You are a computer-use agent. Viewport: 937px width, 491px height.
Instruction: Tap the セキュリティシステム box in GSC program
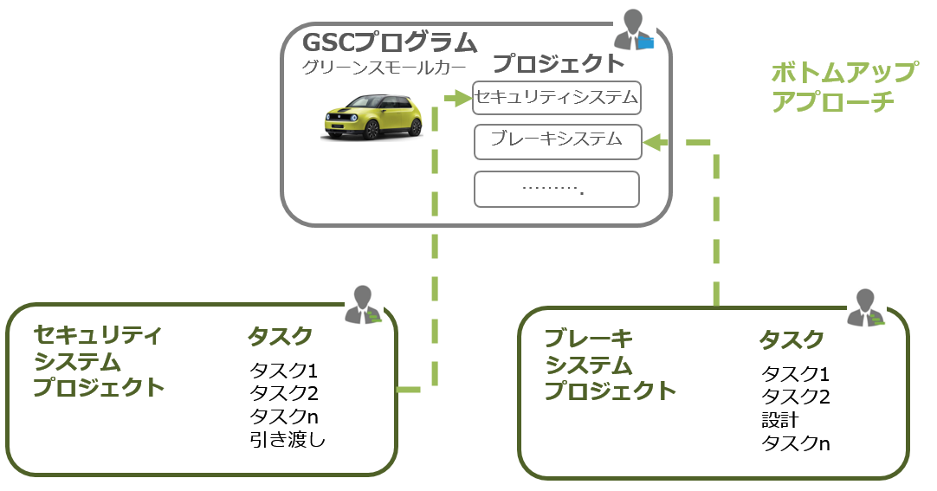point(557,98)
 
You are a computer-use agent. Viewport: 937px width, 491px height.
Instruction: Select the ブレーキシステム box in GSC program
point(557,139)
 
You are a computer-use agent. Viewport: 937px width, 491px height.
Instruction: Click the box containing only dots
point(557,189)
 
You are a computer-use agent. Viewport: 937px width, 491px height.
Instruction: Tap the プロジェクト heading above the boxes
point(559,63)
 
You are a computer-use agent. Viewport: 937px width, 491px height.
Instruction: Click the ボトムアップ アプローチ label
point(843,86)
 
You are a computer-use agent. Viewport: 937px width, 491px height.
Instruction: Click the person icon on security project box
point(362,305)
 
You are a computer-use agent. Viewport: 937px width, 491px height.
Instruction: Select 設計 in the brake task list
point(779,420)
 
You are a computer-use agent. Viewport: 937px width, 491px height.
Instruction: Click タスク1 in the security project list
point(284,371)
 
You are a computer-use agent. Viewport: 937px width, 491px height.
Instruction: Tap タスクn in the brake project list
point(795,443)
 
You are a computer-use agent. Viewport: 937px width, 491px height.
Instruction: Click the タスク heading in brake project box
point(791,340)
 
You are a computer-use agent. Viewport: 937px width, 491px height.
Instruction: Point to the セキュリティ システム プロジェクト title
point(98,360)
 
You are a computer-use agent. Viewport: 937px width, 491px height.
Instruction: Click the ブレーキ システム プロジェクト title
point(610,365)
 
